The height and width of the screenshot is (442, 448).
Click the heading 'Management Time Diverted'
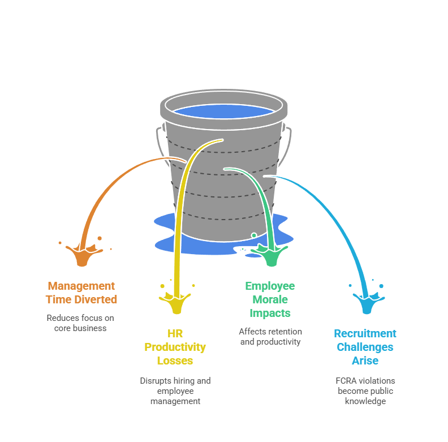(81, 293)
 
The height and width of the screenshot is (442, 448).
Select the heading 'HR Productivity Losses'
(175, 347)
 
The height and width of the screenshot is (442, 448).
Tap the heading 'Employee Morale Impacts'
(270, 299)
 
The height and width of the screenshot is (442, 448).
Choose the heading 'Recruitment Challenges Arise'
(365, 347)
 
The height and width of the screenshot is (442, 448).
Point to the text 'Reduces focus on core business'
(80, 323)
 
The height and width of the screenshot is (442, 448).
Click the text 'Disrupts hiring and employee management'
(175, 391)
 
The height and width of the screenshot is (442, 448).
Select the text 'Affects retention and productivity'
(270, 337)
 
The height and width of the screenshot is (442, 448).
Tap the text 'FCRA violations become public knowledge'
(365, 391)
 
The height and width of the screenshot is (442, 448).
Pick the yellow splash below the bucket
(176, 302)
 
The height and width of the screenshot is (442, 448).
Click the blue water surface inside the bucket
(223, 111)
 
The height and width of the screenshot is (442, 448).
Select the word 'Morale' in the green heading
(270, 299)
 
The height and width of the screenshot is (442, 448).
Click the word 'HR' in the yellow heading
(175, 333)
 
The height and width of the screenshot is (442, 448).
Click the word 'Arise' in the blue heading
(365, 361)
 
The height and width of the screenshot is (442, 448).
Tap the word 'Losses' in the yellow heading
(175, 361)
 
